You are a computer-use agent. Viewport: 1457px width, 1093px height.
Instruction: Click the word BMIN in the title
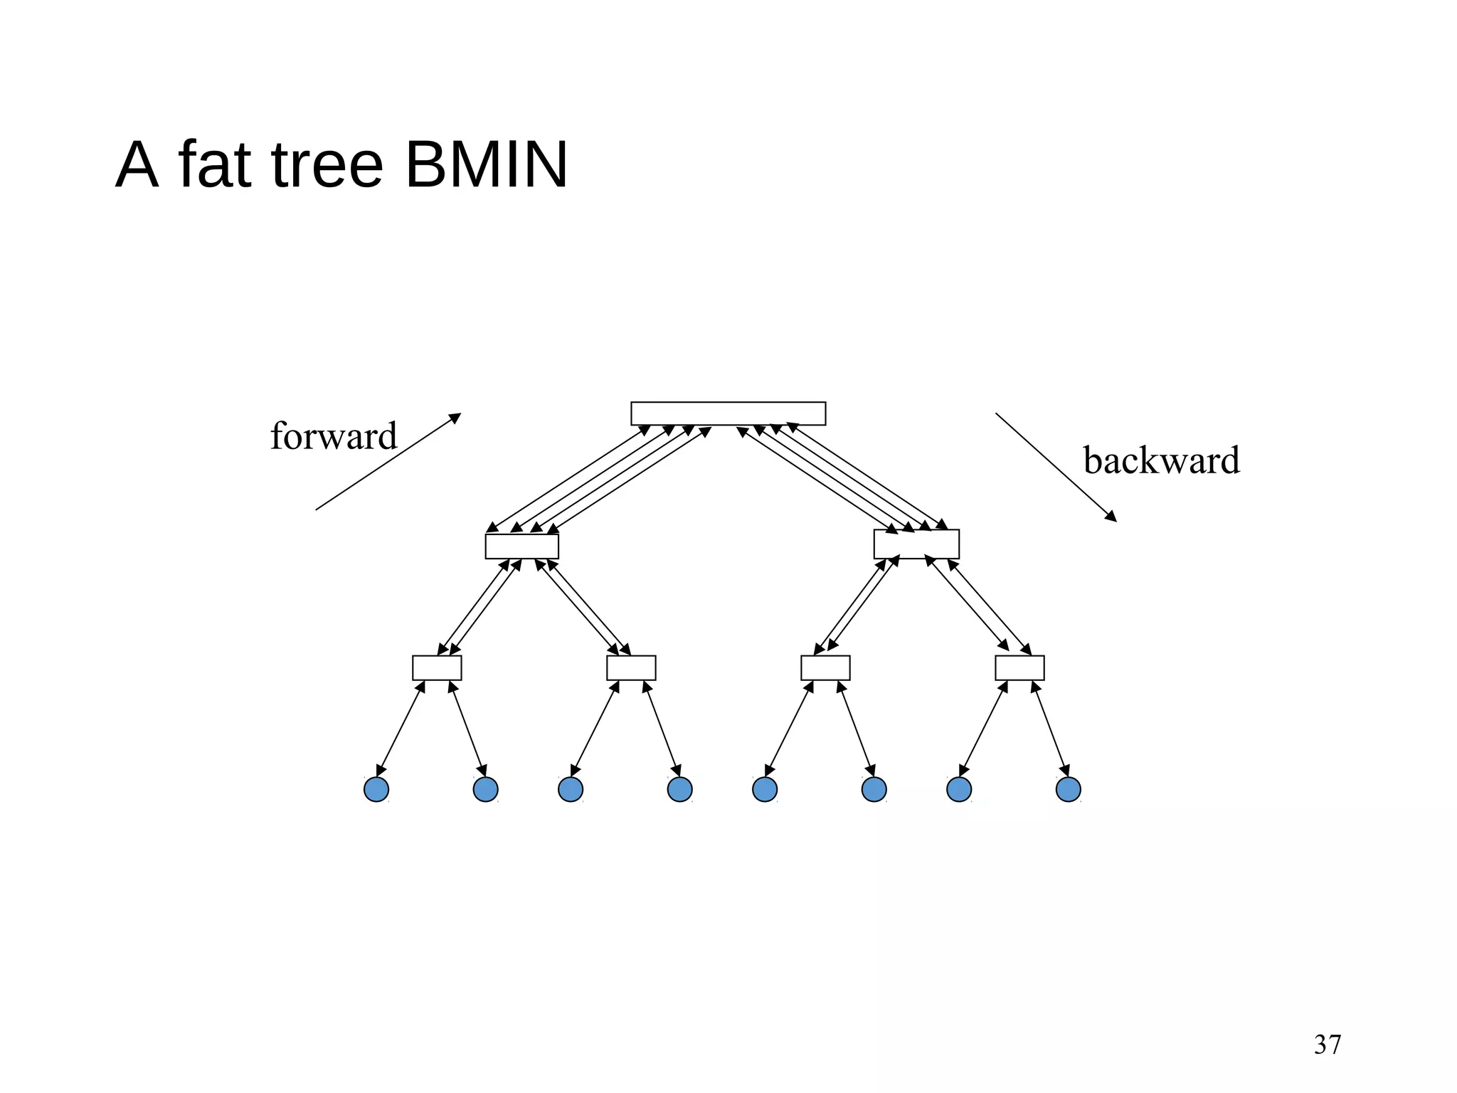pyautogui.click(x=487, y=165)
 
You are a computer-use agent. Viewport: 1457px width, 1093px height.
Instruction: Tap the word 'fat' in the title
pyautogui.click(x=215, y=165)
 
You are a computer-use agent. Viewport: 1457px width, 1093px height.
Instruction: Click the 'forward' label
pyautogui.click(x=333, y=436)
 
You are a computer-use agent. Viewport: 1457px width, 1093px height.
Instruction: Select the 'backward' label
pyautogui.click(x=1161, y=460)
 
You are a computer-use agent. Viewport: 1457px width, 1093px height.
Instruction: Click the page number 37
pyautogui.click(x=1328, y=1045)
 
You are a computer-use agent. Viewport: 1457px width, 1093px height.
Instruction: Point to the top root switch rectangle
pyautogui.click(x=728, y=413)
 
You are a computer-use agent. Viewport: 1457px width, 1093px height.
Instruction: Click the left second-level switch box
pyautogui.click(x=521, y=546)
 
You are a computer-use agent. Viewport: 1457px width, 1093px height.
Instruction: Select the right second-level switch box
pyautogui.click(x=916, y=544)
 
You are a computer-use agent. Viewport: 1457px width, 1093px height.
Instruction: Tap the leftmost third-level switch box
pyautogui.click(x=437, y=667)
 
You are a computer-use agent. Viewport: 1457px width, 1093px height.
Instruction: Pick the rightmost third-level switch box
pyautogui.click(x=1019, y=667)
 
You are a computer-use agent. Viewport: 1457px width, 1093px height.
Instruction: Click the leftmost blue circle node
pyautogui.click(x=376, y=789)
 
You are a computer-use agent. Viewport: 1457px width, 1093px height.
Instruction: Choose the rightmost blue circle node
pyautogui.click(x=1068, y=789)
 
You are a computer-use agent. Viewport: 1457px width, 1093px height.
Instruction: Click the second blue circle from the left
pyautogui.click(x=485, y=789)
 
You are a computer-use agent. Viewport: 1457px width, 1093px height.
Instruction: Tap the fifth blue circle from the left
pyautogui.click(x=765, y=789)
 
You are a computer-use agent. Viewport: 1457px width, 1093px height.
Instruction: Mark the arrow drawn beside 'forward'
pyautogui.click(x=388, y=462)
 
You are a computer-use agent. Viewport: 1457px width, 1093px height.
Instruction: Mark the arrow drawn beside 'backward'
pyautogui.click(x=1056, y=467)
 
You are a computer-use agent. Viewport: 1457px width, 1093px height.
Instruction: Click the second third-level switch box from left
pyautogui.click(x=631, y=667)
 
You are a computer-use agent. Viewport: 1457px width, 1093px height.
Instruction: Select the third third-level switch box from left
pyautogui.click(x=825, y=667)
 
